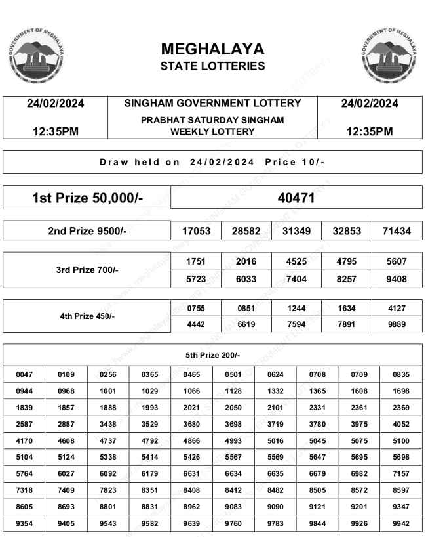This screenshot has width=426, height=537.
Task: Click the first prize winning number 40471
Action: (296, 198)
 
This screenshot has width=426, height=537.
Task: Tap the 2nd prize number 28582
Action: (246, 231)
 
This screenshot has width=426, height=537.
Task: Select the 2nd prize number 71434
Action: (397, 231)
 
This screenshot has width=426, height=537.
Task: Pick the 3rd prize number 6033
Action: (246, 279)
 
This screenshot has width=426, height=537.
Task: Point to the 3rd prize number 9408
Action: (397, 279)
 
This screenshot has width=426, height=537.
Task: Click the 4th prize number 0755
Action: (196, 308)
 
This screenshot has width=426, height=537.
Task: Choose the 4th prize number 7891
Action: (347, 324)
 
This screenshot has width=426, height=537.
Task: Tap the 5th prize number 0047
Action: (24, 374)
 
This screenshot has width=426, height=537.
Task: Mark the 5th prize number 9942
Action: (401, 523)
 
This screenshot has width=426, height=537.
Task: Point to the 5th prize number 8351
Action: (149, 490)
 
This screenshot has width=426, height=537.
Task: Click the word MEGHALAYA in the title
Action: (212, 49)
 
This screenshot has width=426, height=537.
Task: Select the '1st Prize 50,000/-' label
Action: (87, 198)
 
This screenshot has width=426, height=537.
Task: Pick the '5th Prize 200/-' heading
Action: (212, 355)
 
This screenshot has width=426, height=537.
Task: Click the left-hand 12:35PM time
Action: (56, 131)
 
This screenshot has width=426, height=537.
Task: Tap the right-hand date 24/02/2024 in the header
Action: (370, 103)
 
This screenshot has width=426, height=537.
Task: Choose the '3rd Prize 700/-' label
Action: (87, 270)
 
